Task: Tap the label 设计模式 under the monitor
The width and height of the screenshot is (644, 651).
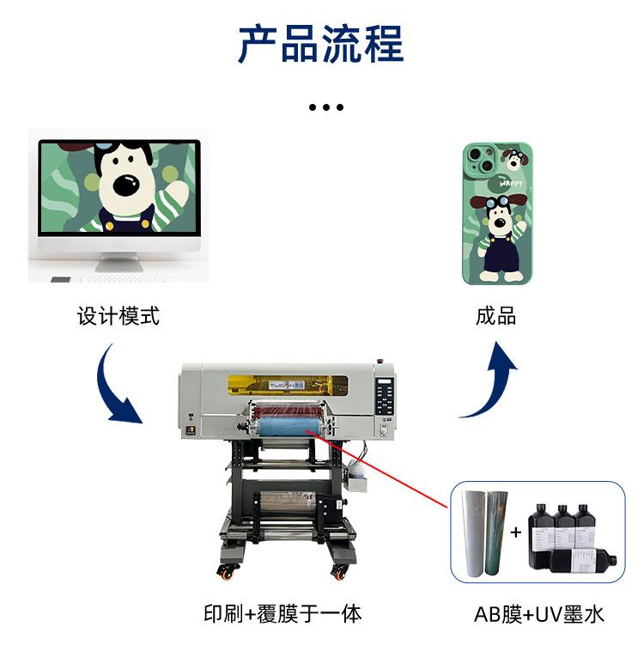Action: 118,317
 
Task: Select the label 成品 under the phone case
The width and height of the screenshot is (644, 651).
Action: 496,317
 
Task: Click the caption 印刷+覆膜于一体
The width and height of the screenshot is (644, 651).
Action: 283,613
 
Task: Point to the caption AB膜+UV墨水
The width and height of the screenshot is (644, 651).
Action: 539,614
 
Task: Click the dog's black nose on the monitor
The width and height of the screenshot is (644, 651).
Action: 128,184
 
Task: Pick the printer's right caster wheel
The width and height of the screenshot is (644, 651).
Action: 341,570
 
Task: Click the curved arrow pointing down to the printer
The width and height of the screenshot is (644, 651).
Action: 117,386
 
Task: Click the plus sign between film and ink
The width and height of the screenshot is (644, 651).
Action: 516,532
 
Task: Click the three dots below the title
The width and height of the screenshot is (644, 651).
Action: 325,107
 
